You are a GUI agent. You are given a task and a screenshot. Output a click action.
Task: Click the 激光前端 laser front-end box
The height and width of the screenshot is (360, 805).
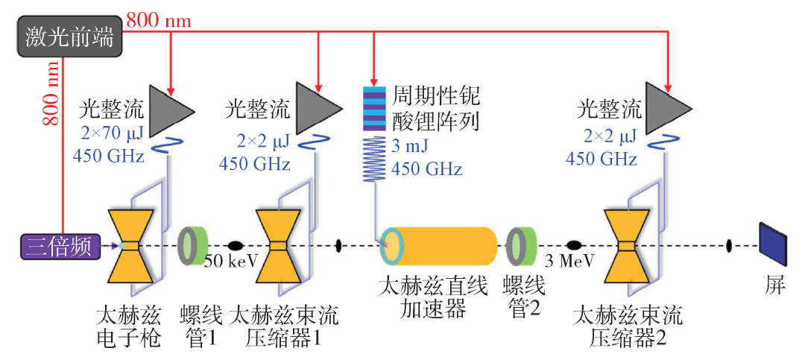click(69, 37)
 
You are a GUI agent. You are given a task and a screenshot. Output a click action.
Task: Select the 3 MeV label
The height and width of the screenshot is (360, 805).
click(569, 261)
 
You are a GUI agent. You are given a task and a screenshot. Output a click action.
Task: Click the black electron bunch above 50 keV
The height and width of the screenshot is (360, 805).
click(235, 245)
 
